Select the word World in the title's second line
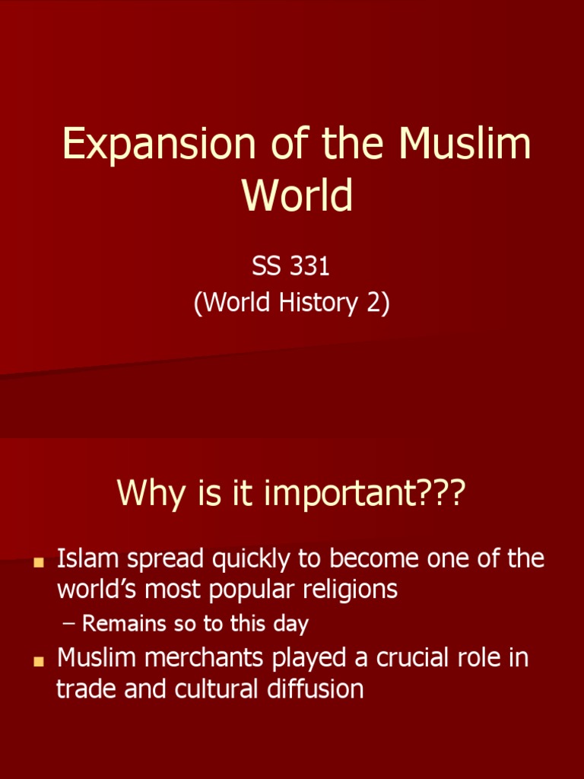point(297,196)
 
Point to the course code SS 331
point(291,268)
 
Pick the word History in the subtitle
point(320,303)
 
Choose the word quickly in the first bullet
point(255,559)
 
